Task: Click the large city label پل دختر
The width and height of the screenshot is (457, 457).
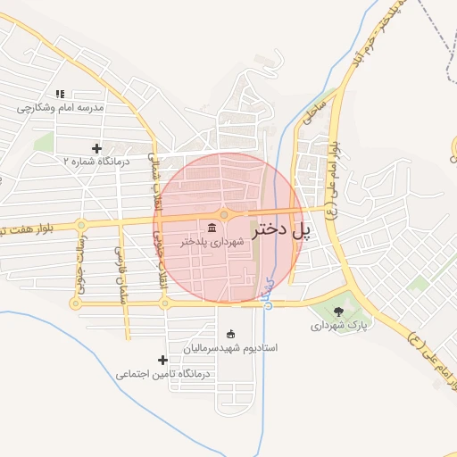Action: [x=282, y=230]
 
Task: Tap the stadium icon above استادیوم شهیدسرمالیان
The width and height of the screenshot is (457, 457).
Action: [x=232, y=333]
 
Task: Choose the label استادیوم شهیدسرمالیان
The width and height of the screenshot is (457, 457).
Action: [x=231, y=347]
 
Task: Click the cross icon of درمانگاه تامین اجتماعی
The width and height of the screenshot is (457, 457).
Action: [x=162, y=361]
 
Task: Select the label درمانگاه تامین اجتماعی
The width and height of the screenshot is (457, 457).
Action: [x=162, y=375]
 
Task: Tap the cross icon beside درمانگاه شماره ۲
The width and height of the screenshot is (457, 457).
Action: [x=96, y=148]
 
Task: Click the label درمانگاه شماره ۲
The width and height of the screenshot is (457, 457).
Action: [x=96, y=162]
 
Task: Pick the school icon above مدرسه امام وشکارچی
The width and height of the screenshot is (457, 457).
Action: [x=60, y=93]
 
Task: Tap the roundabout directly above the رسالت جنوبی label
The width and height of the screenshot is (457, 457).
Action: [x=81, y=225]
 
